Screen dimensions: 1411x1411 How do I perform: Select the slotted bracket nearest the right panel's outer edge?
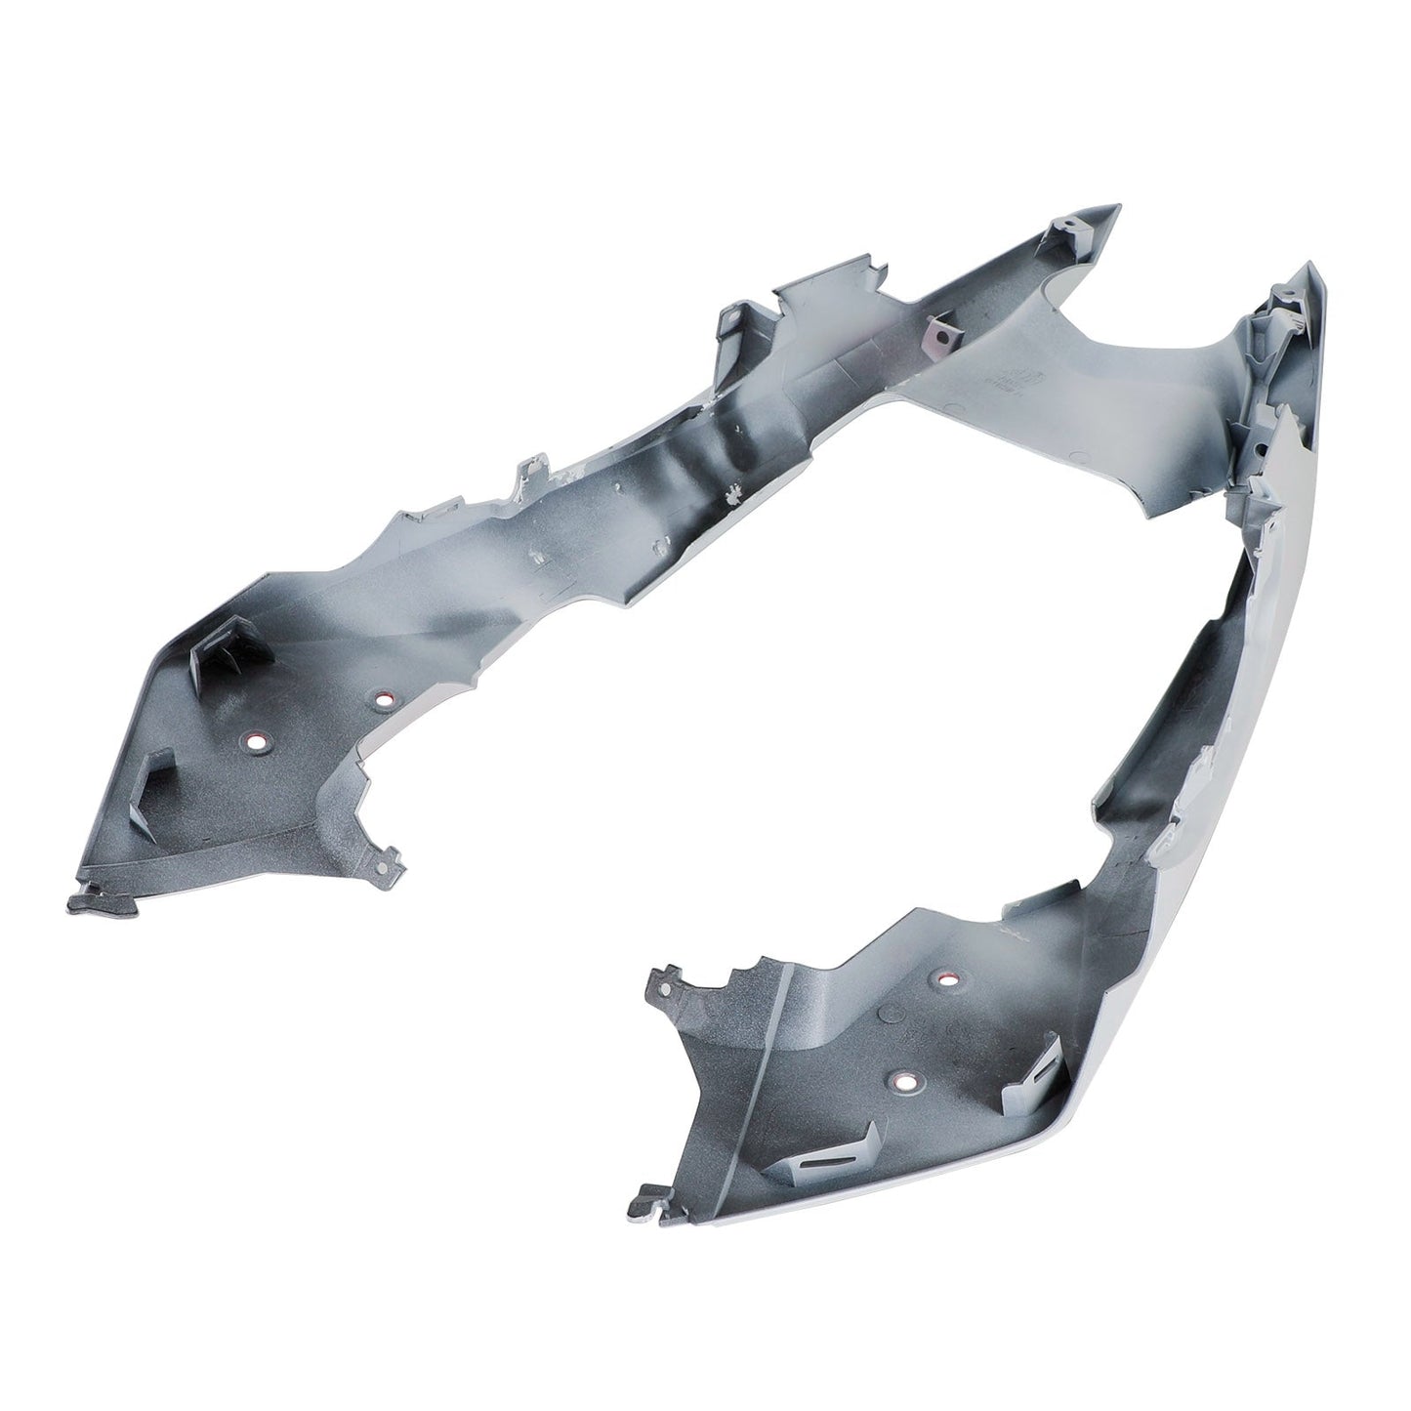(1038, 1072)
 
